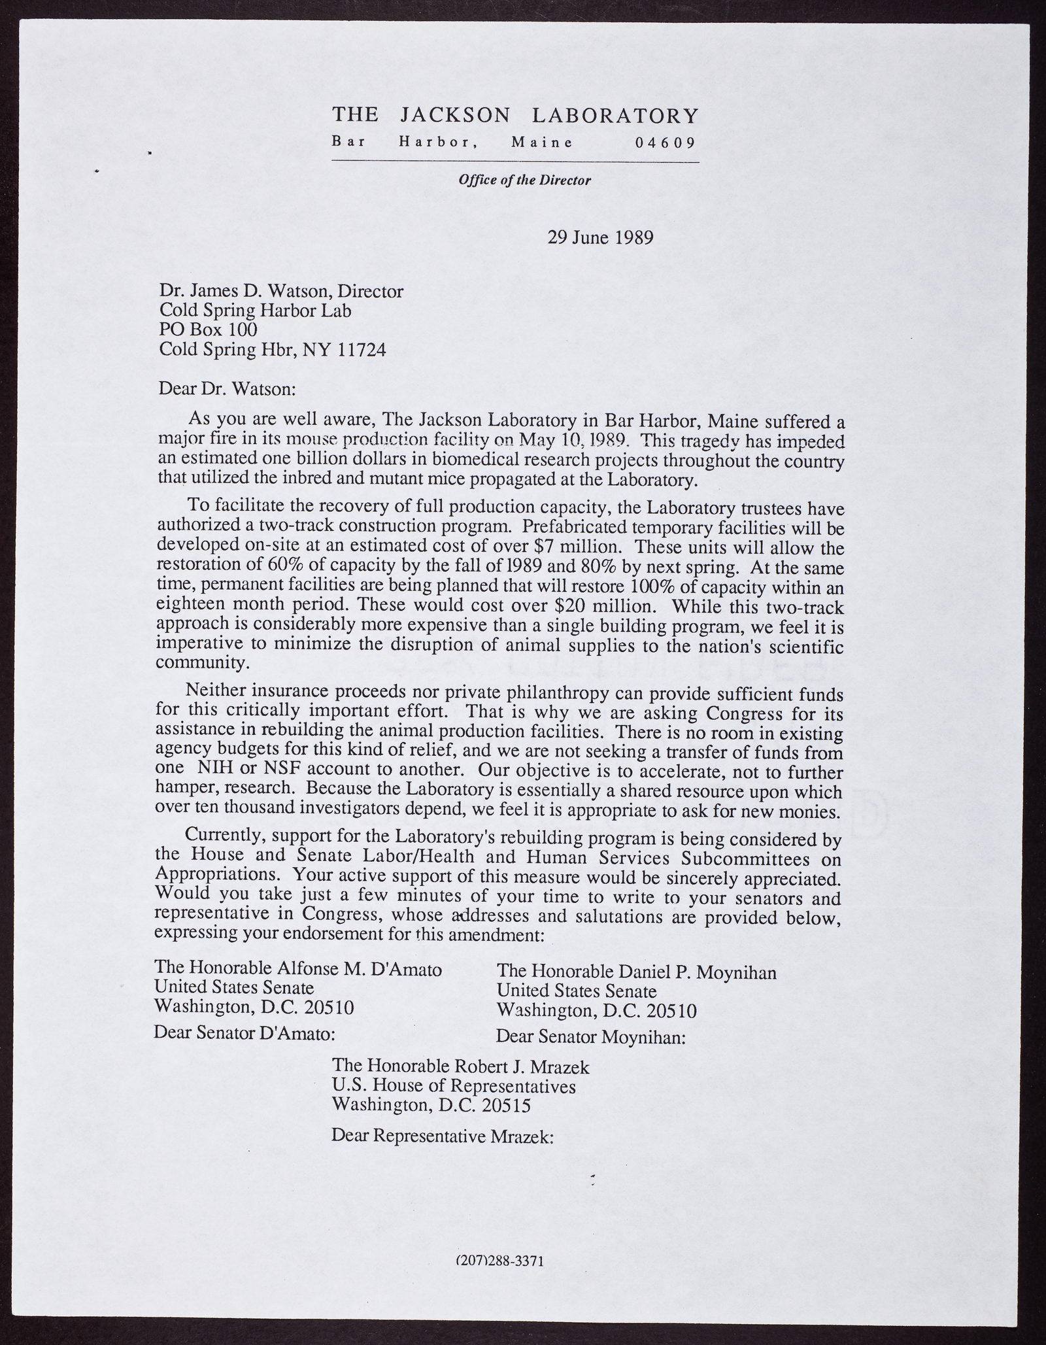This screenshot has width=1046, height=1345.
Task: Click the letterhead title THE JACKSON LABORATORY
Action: [x=515, y=116]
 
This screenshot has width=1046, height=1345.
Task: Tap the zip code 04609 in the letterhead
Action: [x=665, y=143]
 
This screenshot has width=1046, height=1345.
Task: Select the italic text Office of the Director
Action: [x=524, y=180]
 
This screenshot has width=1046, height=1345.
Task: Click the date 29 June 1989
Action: [x=600, y=237]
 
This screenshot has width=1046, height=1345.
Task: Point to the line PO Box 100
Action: [x=208, y=330]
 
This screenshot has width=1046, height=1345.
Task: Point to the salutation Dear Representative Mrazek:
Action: [x=443, y=1136]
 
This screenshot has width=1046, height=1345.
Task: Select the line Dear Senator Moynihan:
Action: [x=590, y=1037]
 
